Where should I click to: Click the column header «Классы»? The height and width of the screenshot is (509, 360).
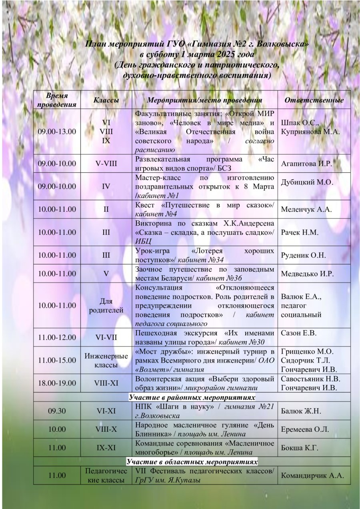(x=106, y=100)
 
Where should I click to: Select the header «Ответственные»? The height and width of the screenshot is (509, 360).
(x=314, y=100)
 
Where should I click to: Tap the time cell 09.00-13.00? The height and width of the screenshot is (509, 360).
(x=57, y=132)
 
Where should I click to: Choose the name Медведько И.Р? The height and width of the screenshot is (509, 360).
(x=307, y=274)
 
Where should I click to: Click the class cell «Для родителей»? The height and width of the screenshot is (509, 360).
(x=106, y=306)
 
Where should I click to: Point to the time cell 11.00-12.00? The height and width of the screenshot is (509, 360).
(x=57, y=337)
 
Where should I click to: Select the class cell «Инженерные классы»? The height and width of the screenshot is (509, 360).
(x=106, y=360)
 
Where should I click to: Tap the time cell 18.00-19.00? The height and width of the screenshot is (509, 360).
(x=57, y=383)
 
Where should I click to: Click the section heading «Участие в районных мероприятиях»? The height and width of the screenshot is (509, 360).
(x=192, y=397)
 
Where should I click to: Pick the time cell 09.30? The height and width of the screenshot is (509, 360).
(x=57, y=411)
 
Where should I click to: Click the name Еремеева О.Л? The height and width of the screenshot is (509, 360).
(x=305, y=429)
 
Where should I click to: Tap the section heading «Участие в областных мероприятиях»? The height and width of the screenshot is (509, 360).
(x=192, y=462)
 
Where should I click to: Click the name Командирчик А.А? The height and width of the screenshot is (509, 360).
(x=312, y=475)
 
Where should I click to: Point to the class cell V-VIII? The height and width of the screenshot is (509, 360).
(x=106, y=164)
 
